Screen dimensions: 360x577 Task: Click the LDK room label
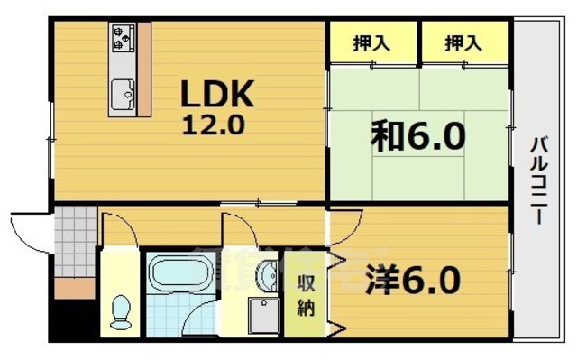coord(220,94)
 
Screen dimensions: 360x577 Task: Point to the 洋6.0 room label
coord(414,278)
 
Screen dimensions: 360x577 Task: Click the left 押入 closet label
coord(371,42)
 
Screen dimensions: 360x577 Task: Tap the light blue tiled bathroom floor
coord(177,317)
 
